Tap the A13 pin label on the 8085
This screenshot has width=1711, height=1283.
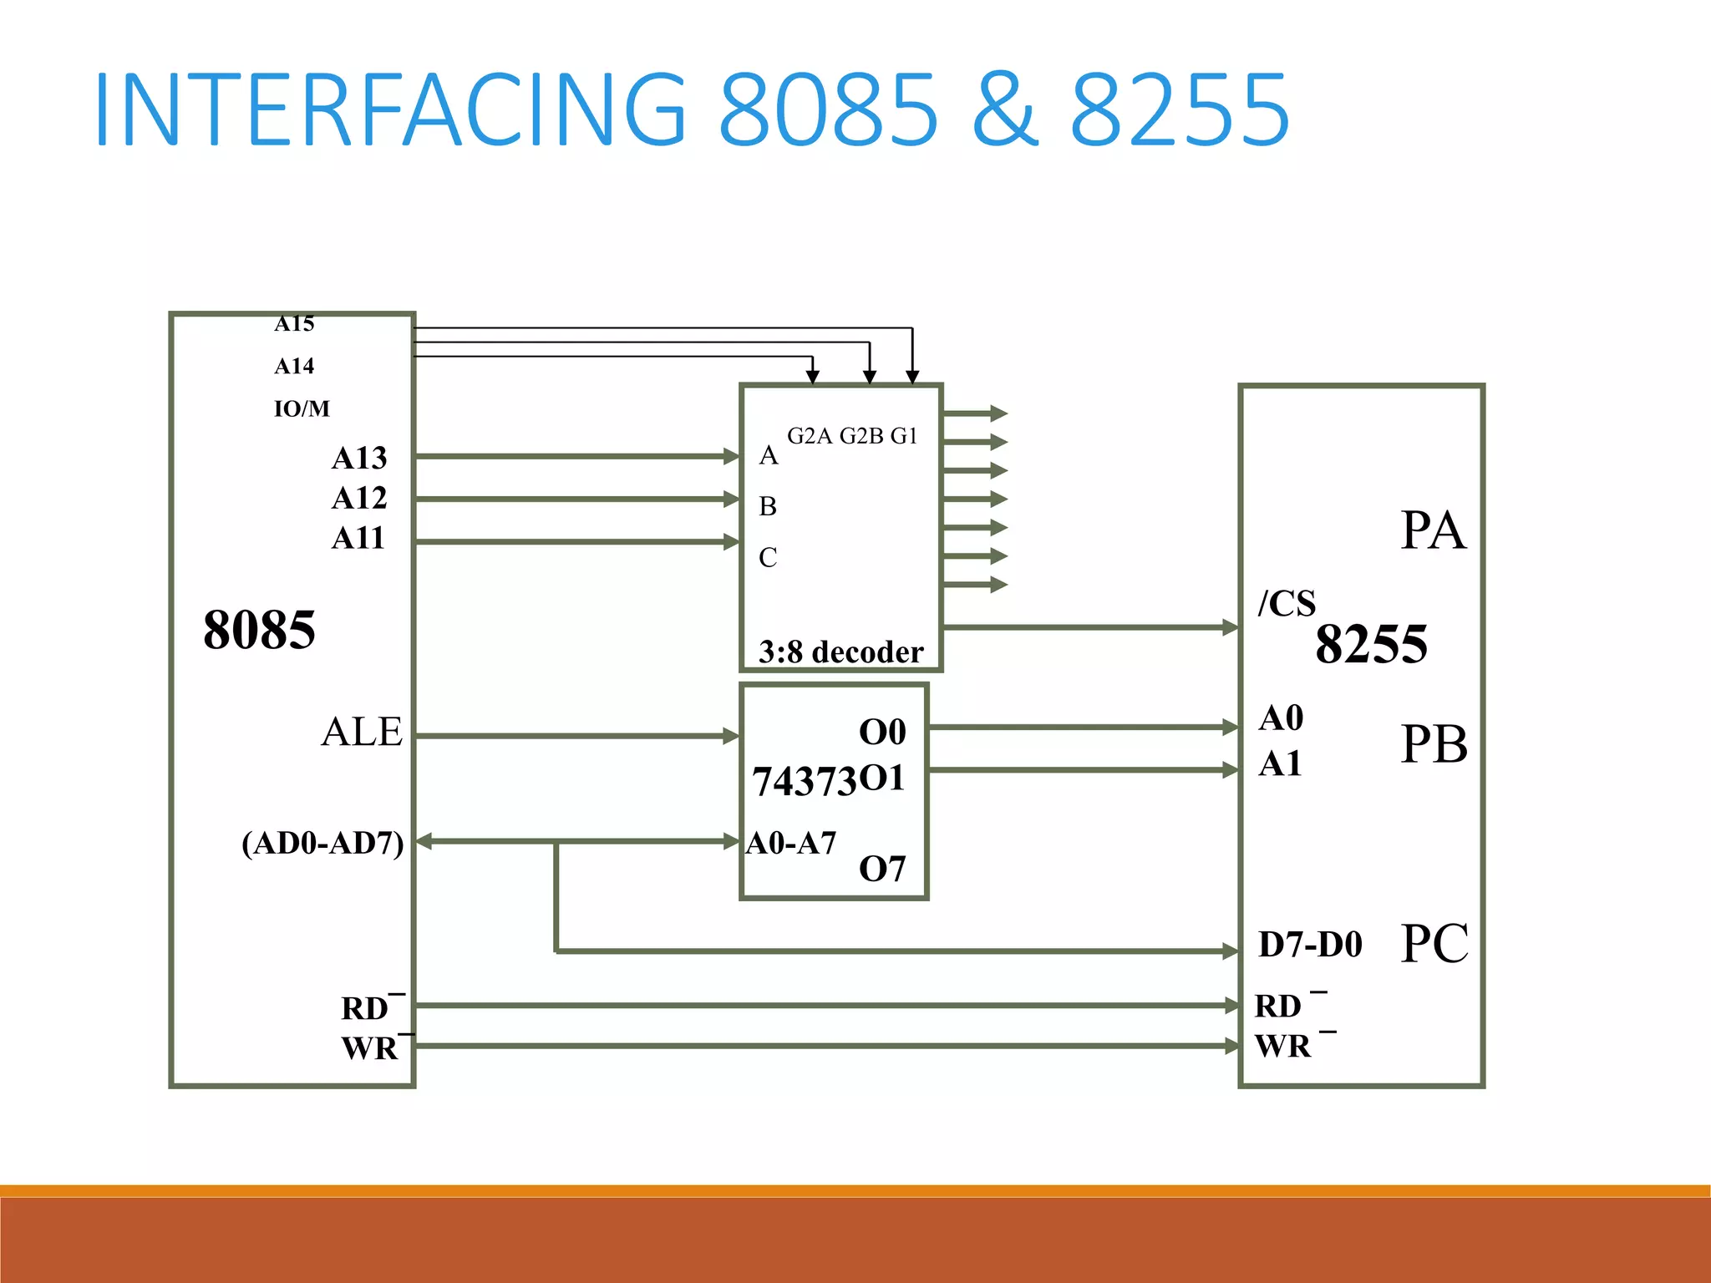(359, 458)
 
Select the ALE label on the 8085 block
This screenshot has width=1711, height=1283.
(362, 733)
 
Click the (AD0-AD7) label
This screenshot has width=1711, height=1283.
(322, 843)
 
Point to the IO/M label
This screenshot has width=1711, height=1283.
(302, 408)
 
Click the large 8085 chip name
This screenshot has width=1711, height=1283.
(259, 630)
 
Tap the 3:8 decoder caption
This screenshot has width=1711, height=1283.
(840, 652)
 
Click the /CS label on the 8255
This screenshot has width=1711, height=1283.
(1287, 603)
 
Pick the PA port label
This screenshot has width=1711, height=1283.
(1433, 530)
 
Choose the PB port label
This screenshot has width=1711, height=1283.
(1434, 744)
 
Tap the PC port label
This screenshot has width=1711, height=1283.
(1434, 944)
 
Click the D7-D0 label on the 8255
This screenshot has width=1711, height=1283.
(1310, 945)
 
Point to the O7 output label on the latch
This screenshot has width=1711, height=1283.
(882, 870)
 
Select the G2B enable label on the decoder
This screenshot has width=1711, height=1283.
(861, 436)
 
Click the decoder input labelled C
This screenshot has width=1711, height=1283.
(768, 557)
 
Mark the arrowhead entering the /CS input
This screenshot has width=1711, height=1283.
(1230, 626)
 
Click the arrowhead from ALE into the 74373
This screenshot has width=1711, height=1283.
(731, 736)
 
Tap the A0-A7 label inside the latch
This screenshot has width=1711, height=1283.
(790, 844)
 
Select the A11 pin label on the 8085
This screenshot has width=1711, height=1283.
(358, 538)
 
